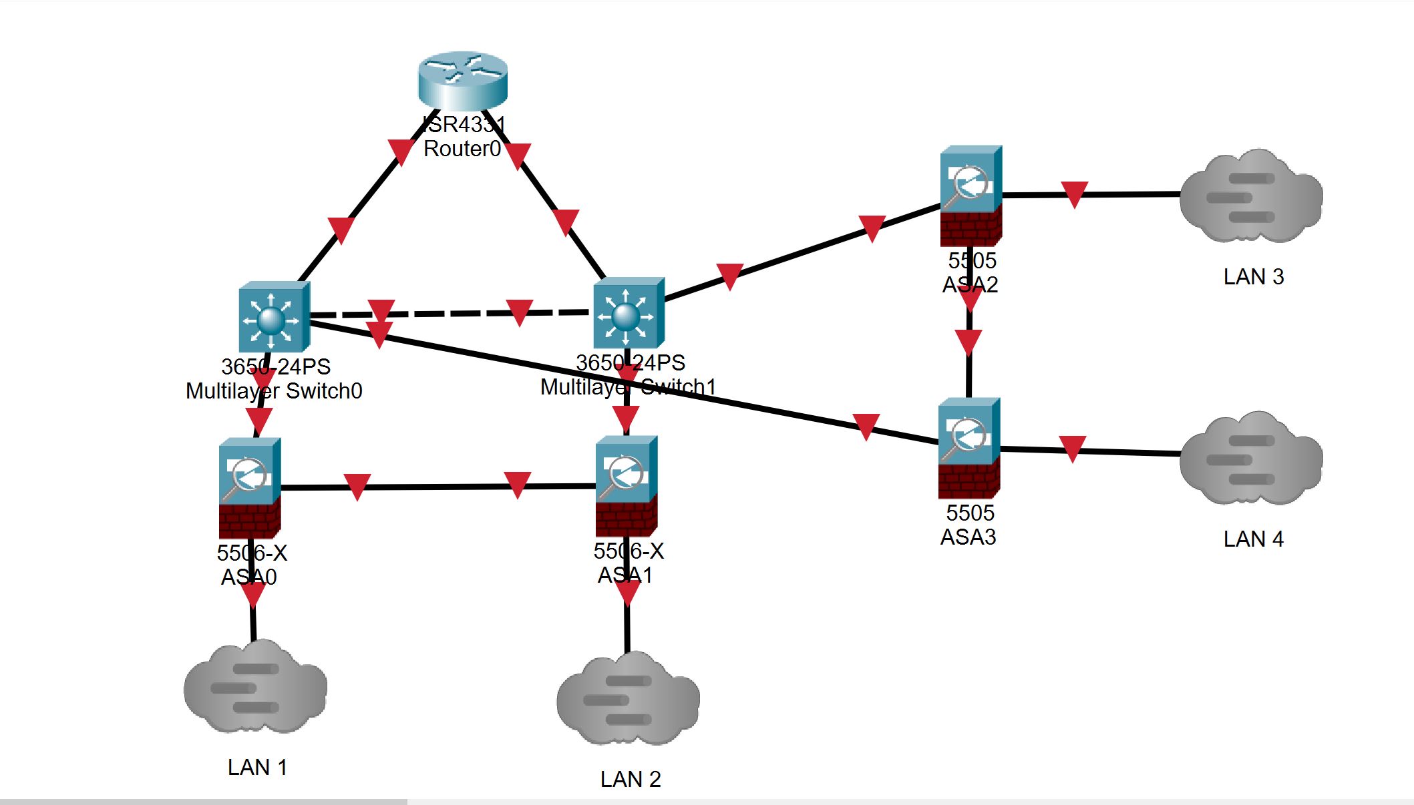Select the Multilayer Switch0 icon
274,317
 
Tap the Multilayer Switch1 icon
629,313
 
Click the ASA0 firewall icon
250,487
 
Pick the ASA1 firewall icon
627,485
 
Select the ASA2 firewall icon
970,195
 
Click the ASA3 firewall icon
968,448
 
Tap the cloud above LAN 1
255,688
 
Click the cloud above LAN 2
628,699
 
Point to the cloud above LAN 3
1251,196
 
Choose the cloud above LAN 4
1251,459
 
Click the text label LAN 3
1253,277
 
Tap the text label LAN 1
257,768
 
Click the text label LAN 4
1253,539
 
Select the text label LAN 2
630,780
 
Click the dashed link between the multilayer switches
451,313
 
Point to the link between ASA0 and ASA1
437,487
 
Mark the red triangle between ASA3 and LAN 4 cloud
1072,449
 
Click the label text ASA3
968,537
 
